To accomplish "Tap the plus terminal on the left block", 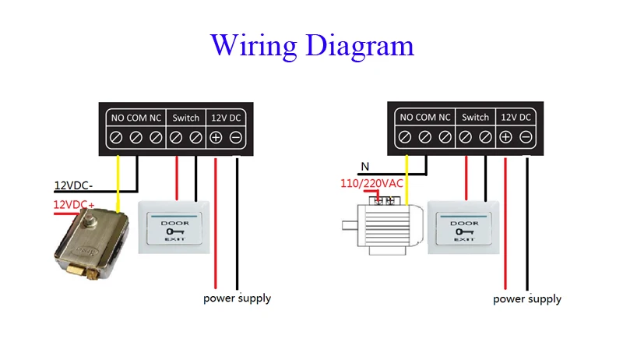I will pyautogui.click(x=216, y=138).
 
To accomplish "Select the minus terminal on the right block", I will pyautogui.click(x=526, y=138).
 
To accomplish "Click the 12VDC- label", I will pyautogui.click(x=72, y=185).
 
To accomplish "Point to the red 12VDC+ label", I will pyautogui.click(x=73, y=204).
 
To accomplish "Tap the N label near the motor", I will pyautogui.click(x=364, y=166).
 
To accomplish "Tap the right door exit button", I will pyautogui.click(x=464, y=227).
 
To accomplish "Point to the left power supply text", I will pyautogui.click(x=238, y=298).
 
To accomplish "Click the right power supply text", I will pyautogui.click(x=527, y=298).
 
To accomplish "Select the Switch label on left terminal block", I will pyautogui.click(x=185, y=118).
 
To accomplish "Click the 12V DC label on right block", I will pyautogui.click(x=516, y=118).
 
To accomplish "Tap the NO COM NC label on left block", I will pyautogui.click(x=136, y=118).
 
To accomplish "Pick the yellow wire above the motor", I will pyautogui.click(x=407, y=175).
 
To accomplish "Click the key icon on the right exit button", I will pyautogui.click(x=464, y=231).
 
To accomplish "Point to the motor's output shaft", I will pyautogui.click(x=348, y=227).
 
